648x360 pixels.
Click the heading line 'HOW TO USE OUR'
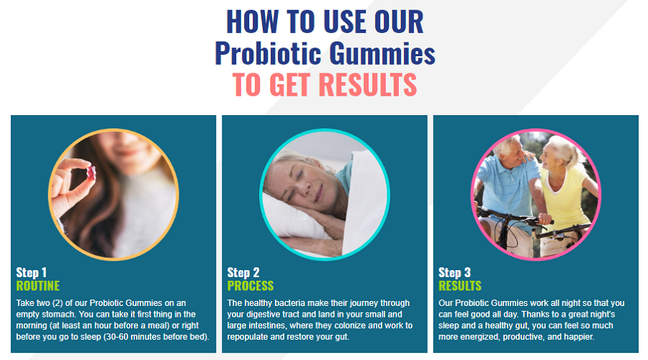[325, 22]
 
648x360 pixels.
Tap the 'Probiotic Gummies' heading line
[325, 54]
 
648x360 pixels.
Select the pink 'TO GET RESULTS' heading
[325, 85]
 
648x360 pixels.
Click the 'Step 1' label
[32, 273]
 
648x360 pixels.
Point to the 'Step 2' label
[243, 273]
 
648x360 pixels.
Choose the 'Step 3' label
[454, 273]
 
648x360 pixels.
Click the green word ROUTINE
[37, 286]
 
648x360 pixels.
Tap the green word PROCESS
[251, 286]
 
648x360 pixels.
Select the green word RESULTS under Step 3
[460, 286]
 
